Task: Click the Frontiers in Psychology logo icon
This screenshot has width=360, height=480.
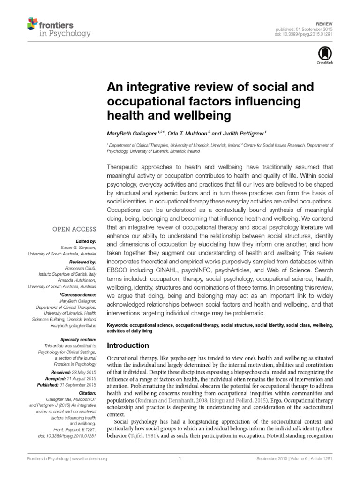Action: [32, 23]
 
